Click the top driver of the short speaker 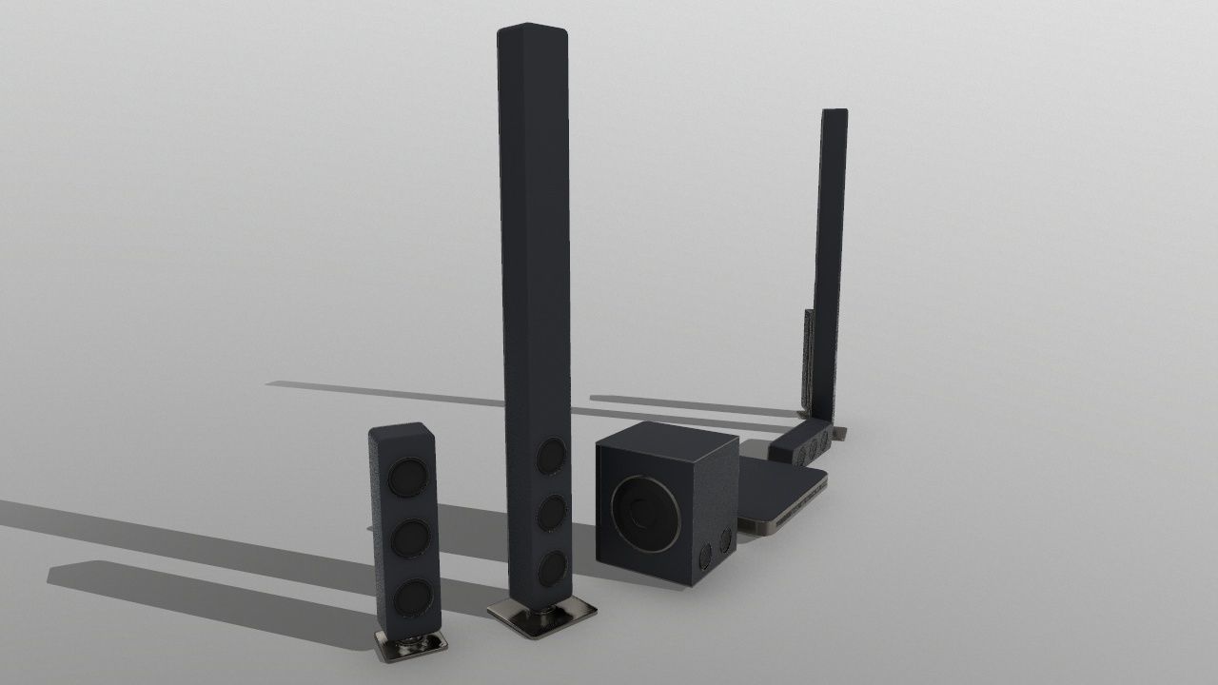[x=408, y=478]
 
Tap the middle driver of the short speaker [x=409, y=538]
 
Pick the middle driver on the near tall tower [x=550, y=513]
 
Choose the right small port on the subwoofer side [x=725, y=539]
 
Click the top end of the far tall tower [x=835, y=113]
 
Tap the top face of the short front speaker [x=398, y=429]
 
